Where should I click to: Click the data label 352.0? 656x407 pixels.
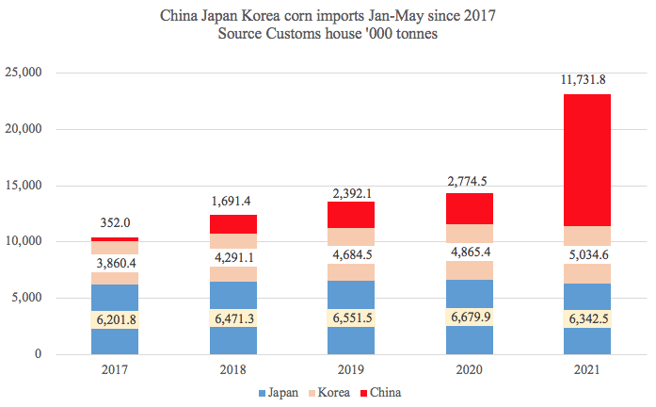115,224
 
